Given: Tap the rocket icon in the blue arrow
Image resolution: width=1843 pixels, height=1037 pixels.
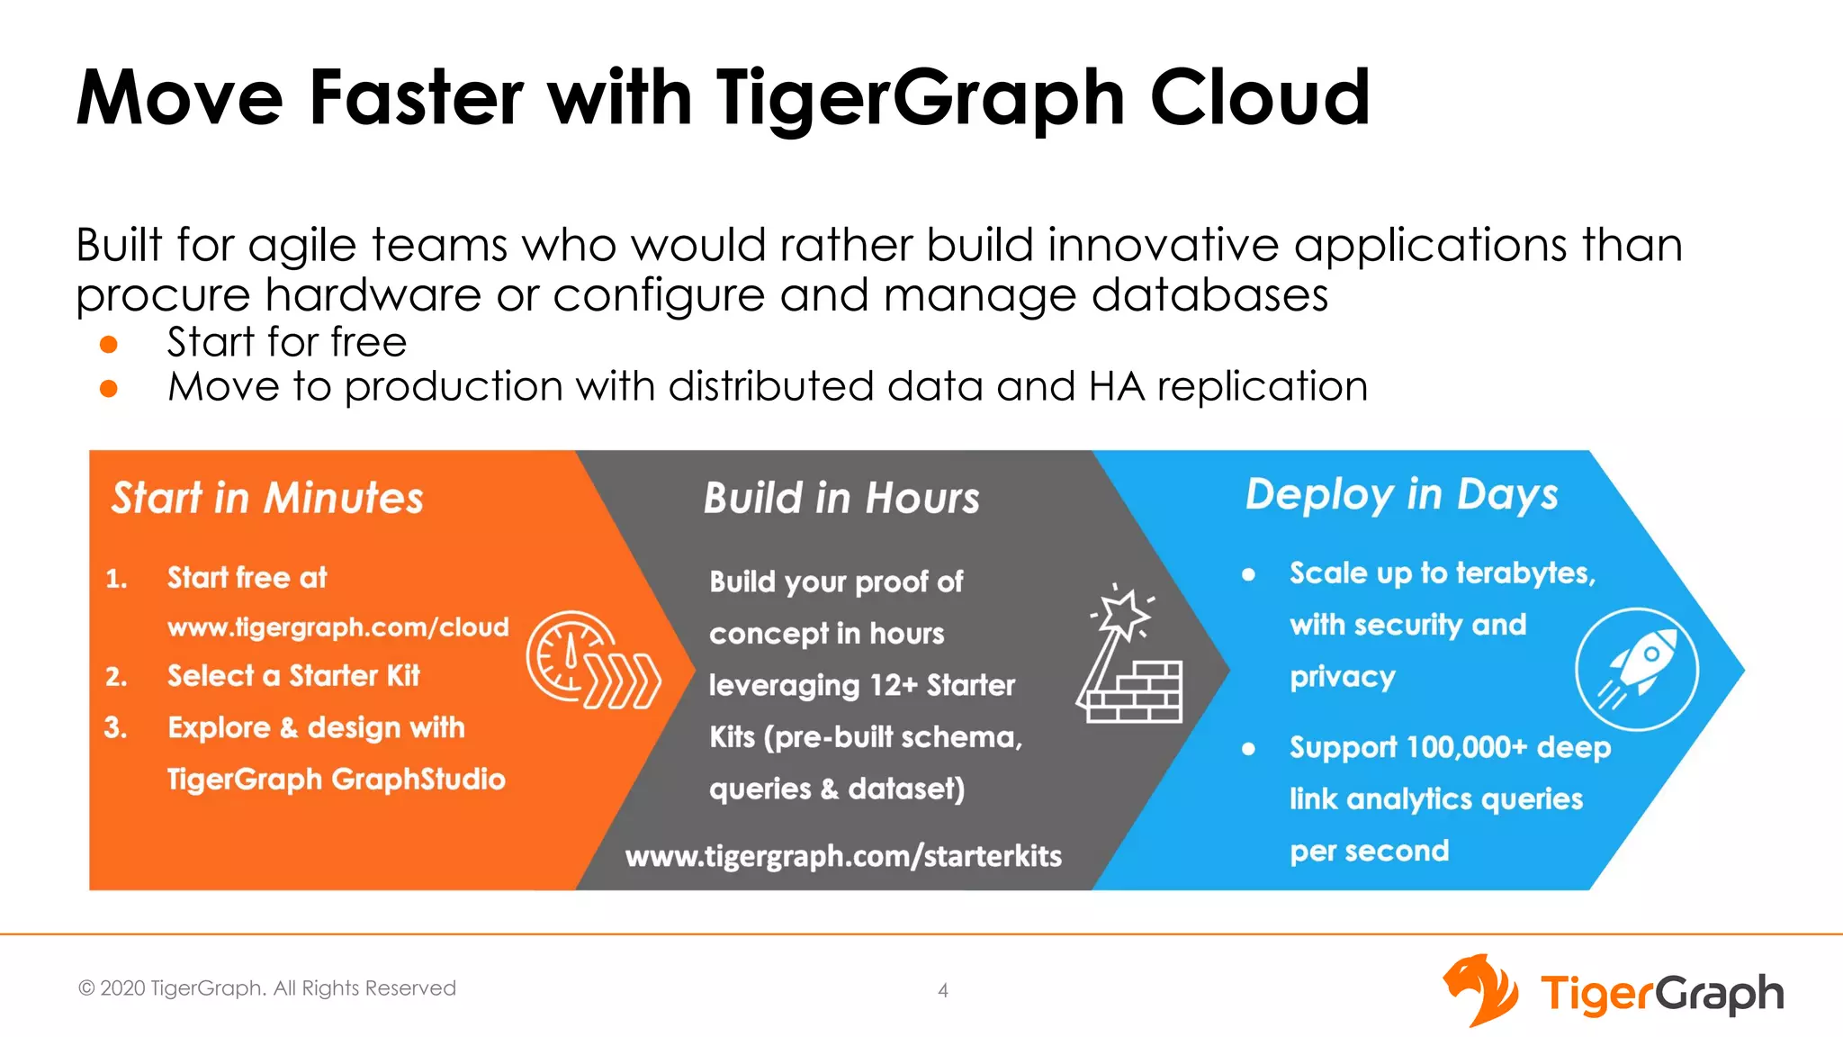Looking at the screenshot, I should [x=1637, y=669].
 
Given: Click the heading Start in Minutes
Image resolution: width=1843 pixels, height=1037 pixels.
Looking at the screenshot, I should [x=267, y=498].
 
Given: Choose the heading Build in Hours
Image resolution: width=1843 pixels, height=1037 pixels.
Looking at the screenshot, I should [x=841, y=498].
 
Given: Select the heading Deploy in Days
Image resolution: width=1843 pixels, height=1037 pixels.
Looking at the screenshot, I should [x=1401, y=495].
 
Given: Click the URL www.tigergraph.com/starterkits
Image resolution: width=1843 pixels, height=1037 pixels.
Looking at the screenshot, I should [x=843, y=855].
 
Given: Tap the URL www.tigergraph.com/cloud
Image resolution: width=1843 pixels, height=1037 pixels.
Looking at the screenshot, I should [x=338, y=627].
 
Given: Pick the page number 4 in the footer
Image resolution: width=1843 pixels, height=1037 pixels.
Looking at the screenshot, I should [x=942, y=990].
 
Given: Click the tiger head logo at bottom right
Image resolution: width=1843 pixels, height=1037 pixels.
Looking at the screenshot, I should [x=1480, y=990].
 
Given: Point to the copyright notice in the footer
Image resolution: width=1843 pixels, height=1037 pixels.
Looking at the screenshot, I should [x=267, y=988].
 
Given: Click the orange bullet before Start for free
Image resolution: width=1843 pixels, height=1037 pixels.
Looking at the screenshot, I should [x=109, y=345].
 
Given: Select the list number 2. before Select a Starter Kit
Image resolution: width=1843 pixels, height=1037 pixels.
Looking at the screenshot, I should [x=116, y=676].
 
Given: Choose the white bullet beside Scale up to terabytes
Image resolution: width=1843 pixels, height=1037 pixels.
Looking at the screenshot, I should [x=1248, y=574].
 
